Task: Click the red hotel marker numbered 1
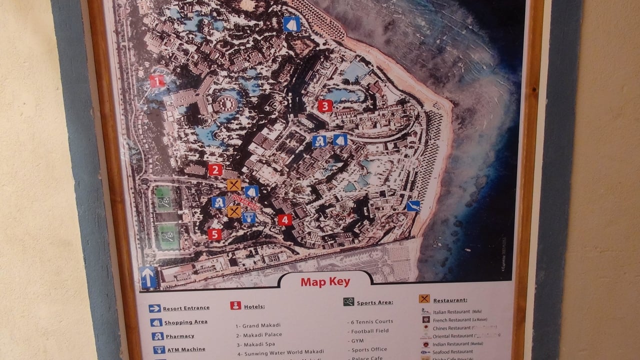coord(157,81)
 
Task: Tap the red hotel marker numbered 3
coord(325,106)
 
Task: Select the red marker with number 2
coord(215,170)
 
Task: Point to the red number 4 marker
coord(285,219)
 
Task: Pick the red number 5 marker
coord(214,234)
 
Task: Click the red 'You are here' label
coord(245,202)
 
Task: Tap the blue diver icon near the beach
coord(413,206)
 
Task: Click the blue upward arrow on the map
coord(148,277)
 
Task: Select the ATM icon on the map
coord(248,217)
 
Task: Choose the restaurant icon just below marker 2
coord(233,185)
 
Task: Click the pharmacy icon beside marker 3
coord(319,141)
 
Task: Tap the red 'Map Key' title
coord(325,282)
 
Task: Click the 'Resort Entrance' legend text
coord(186,308)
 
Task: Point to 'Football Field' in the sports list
coord(370,331)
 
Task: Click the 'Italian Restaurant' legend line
coord(451,312)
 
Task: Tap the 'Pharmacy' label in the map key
coord(180,336)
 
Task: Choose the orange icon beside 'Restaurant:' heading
coord(424,299)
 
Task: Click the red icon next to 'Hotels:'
coord(235,305)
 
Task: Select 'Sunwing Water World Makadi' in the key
coord(284,353)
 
